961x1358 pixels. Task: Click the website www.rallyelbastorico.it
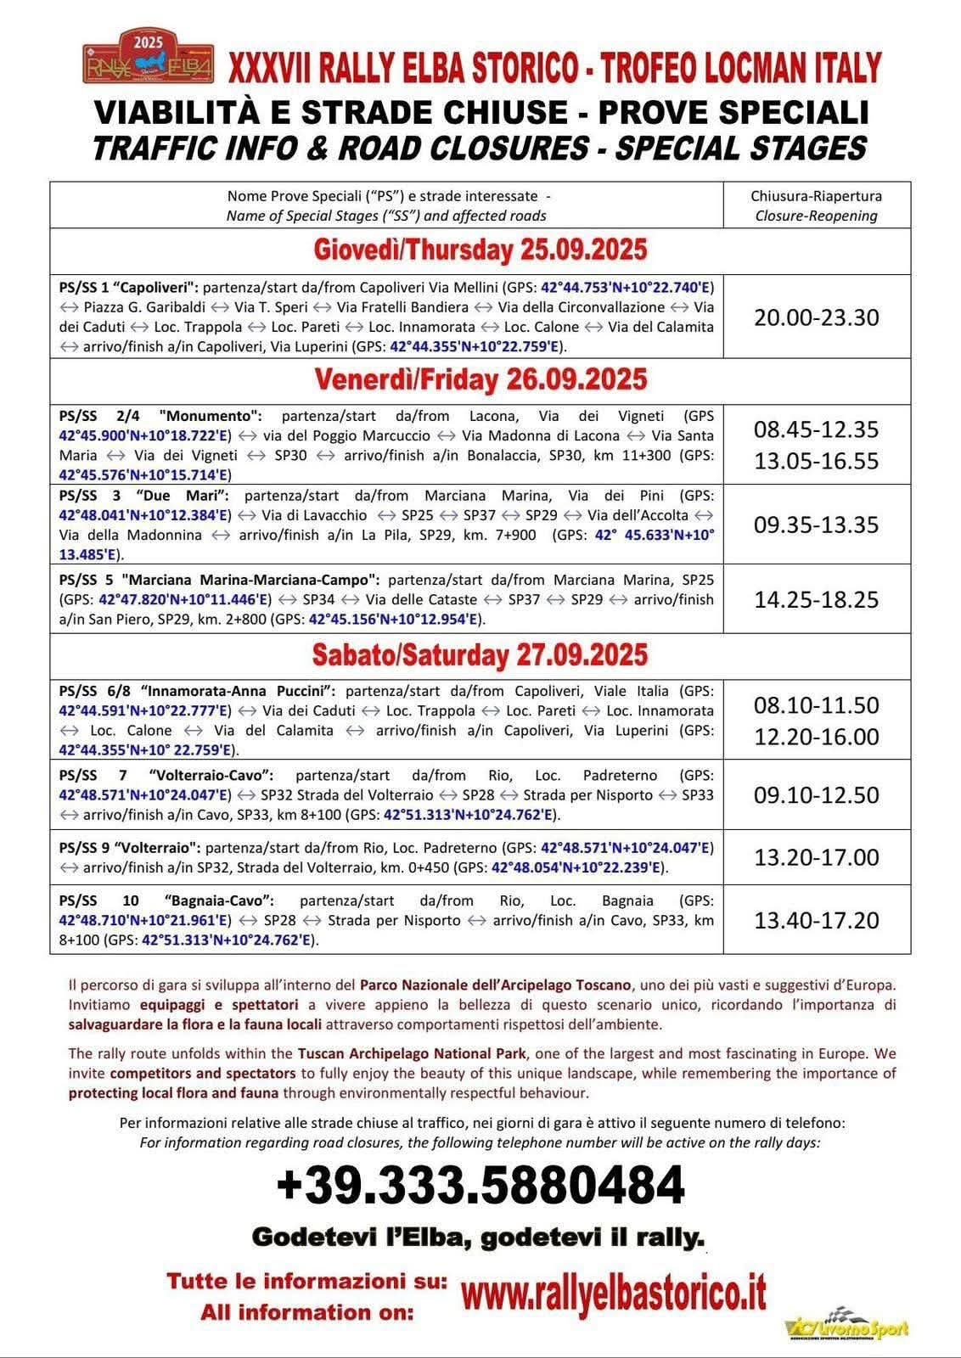(614, 1294)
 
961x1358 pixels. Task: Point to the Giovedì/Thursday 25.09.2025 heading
(480, 250)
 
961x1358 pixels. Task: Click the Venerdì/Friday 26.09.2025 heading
(480, 379)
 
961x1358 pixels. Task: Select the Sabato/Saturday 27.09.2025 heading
(480, 654)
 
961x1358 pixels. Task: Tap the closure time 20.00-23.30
(816, 317)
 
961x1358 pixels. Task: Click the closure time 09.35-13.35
(816, 525)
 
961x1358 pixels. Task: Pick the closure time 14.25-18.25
(816, 599)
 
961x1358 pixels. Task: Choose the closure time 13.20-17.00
(816, 857)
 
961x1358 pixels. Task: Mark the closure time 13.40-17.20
(816, 920)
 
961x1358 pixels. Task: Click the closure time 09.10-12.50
(816, 795)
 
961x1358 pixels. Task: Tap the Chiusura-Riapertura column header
(816, 205)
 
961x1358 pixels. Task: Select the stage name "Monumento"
(212, 416)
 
